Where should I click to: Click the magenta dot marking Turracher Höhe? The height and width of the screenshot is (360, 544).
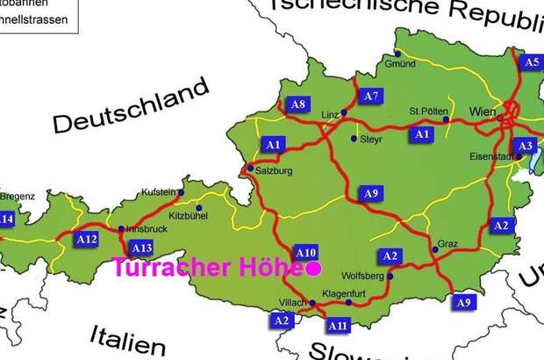pos(313,269)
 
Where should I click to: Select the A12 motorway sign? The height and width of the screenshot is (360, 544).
pos(87,239)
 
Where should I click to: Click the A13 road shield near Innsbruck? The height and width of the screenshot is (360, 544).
pos(141,248)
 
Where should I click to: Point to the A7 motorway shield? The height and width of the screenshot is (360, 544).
pos(371,95)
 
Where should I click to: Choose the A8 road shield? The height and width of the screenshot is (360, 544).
pos(298,104)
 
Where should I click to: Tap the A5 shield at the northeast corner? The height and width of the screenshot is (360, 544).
pos(531,61)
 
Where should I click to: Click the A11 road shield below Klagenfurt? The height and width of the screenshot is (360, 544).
pos(338,326)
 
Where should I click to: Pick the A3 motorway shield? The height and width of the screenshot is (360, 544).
pos(524,146)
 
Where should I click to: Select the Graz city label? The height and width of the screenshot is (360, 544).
pos(447,243)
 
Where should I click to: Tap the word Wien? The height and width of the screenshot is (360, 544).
pos(483,112)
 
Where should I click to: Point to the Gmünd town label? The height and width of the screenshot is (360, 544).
pos(400,64)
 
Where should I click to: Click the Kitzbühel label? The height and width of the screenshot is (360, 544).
pos(188,214)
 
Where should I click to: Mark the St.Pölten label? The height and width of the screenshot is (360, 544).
pos(429,112)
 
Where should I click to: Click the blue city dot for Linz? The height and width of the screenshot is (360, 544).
pos(344,113)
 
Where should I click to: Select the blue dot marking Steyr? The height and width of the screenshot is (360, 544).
pos(354,139)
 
